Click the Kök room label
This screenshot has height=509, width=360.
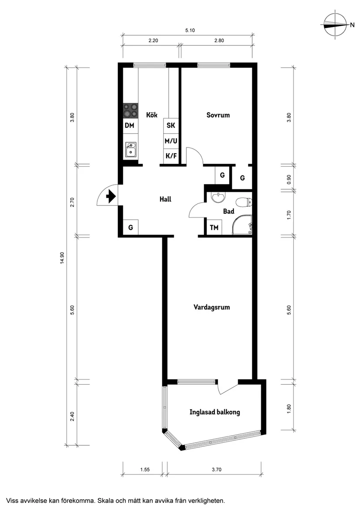pyautogui.click(x=151, y=115)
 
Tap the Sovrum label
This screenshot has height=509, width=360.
pyautogui.click(x=218, y=115)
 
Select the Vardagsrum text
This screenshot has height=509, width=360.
pyautogui.click(x=211, y=307)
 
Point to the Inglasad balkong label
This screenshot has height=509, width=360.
pyautogui.click(x=215, y=412)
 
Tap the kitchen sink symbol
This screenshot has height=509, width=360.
pyautogui.click(x=130, y=150)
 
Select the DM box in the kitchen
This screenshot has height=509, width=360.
pyautogui.click(x=130, y=126)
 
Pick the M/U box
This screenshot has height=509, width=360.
pyautogui.click(x=171, y=141)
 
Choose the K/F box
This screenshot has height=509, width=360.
pyautogui.click(x=171, y=156)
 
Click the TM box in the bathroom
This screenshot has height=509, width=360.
pyautogui.click(x=214, y=228)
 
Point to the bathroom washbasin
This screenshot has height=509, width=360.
pyautogui.click(x=217, y=198)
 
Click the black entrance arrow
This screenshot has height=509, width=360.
pyautogui.click(x=110, y=197)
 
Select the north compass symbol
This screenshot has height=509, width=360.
pyautogui.click(x=336, y=25)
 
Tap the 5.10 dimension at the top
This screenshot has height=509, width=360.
pyautogui.click(x=189, y=30)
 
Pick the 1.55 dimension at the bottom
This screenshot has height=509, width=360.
pyautogui.click(x=145, y=470)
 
